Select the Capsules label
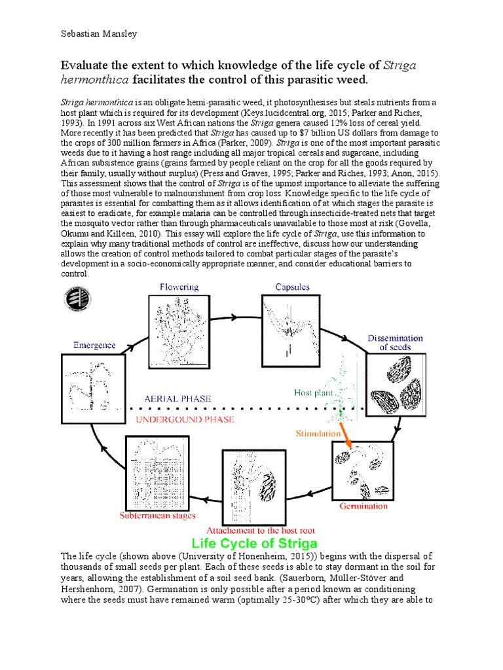(x=292, y=287)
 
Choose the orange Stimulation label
(x=318, y=432)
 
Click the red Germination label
(x=363, y=506)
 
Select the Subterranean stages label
(x=157, y=516)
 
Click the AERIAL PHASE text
(x=178, y=398)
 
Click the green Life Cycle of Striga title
(x=254, y=544)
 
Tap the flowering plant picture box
(x=179, y=330)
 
